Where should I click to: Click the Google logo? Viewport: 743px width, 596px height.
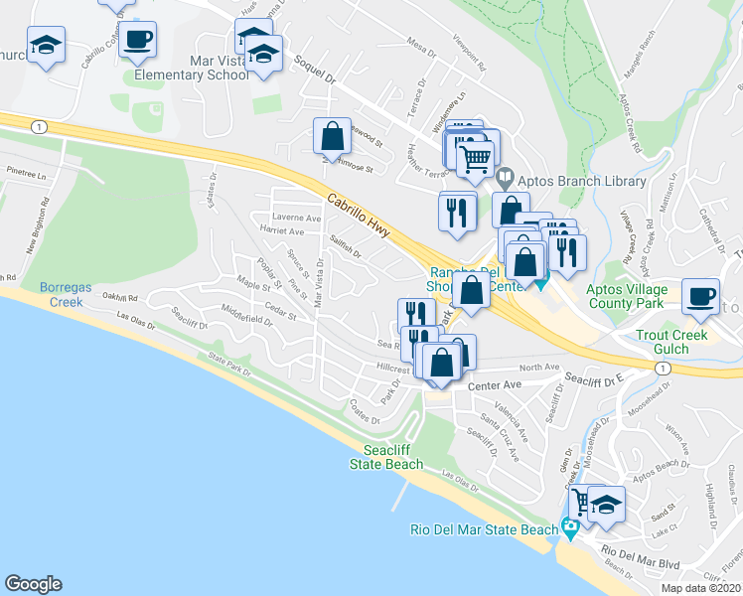(x=33, y=584)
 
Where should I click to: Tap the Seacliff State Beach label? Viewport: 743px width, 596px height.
(x=386, y=457)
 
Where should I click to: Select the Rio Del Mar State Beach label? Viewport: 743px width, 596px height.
(x=485, y=529)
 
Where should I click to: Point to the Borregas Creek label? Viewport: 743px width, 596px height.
(x=66, y=294)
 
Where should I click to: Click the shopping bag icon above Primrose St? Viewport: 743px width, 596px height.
(x=333, y=135)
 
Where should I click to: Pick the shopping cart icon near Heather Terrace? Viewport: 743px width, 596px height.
(x=476, y=156)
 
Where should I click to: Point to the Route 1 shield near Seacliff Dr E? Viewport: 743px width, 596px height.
(x=661, y=368)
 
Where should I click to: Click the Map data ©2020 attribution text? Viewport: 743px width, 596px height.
(x=700, y=588)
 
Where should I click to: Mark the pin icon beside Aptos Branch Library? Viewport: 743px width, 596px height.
(x=505, y=181)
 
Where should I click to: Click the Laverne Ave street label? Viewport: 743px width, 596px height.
(x=298, y=218)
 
